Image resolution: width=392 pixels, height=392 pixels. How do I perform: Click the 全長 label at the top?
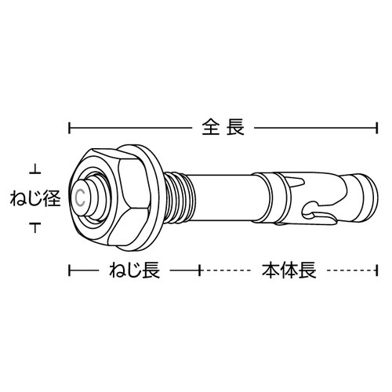(x=223, y=125)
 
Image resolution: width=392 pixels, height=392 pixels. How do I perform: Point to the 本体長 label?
(x=287, y=270)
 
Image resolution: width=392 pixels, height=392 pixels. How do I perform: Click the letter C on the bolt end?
(x=82, y=196)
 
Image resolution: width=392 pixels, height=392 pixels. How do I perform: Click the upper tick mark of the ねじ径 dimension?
(x=34, y=166)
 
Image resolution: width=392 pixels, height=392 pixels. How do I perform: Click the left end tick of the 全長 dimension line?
(x=71, y=126)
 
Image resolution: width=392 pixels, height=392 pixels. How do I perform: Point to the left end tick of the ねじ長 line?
(x=71, y=270)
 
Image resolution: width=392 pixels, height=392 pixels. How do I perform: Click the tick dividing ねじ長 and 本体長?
(x=201, y=270)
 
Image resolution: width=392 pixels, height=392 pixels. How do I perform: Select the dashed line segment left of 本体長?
(x=229, y=270)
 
